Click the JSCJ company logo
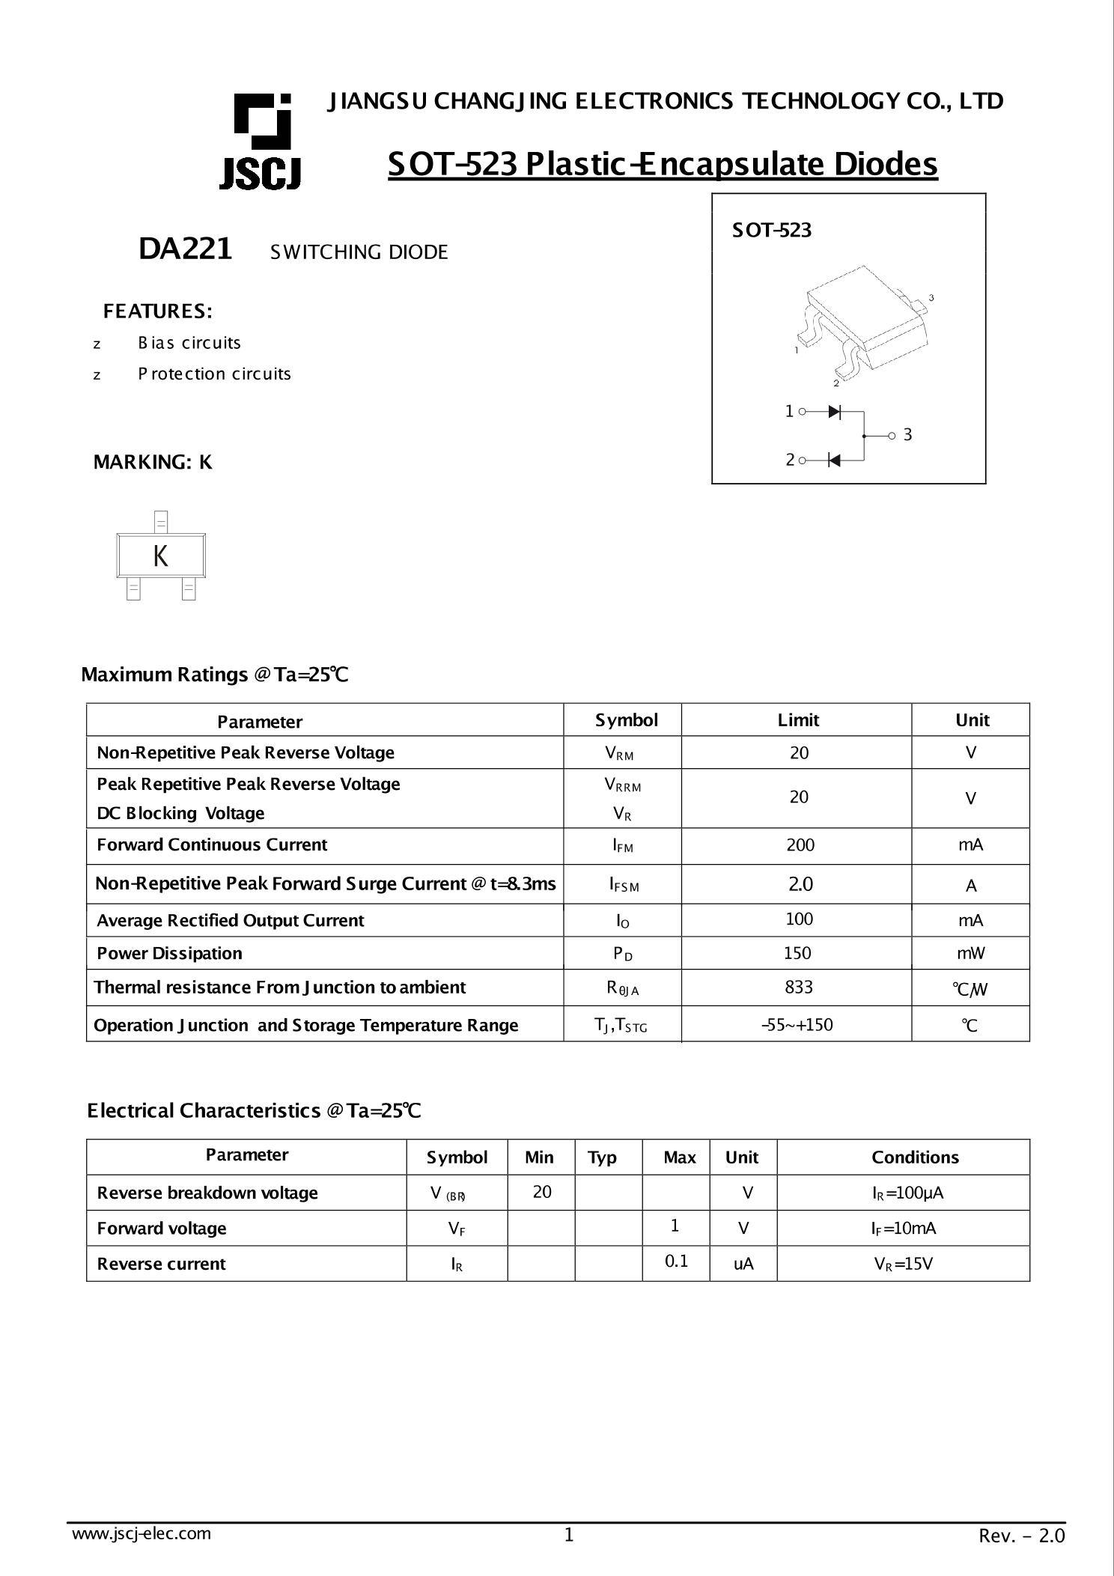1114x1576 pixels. pos(261,142)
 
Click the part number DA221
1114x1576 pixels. pos(185,249)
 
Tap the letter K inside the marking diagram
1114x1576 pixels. pos(160,556)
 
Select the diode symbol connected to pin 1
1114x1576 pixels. pos(835,411)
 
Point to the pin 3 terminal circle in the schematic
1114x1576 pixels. pos(891,436)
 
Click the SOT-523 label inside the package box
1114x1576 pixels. pos(771,231)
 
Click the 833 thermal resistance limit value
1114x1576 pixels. pos(798,987)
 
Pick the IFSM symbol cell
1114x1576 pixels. pos(623,885)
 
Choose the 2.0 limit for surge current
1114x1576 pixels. pos(800,884)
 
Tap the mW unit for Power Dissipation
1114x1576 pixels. pos(970,953)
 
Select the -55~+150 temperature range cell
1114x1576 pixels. pos(797,1024)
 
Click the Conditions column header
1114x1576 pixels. pos(914,1157)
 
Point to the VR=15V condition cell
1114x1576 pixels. pos(903,1265)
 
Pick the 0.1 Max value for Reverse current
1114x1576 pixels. pos(676,1262)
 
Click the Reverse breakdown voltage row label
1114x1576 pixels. pos(207,1193)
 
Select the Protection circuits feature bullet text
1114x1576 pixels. pos(214,374)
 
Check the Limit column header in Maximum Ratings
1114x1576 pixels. pos(798,720)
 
